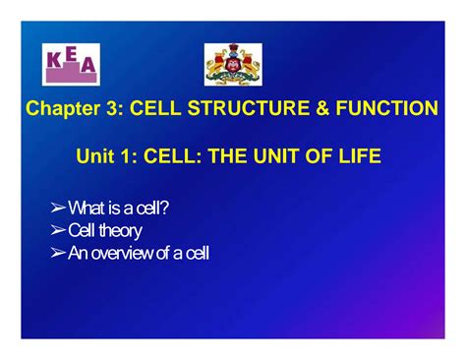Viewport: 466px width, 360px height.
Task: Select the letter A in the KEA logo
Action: pyautogui.click(x=87, y=65)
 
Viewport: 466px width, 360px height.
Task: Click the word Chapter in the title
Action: pyautogui.click(x=63, y=108)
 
